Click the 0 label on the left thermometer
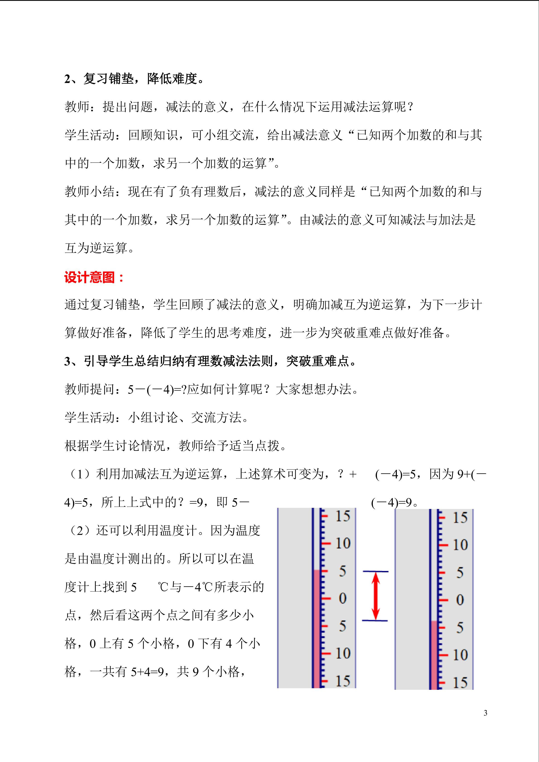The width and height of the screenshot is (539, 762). point(343,598)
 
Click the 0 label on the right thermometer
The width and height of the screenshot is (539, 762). point(460,600)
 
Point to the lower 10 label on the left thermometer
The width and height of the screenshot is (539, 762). point(343,653)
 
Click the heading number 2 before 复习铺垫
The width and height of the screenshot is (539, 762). point(67,79)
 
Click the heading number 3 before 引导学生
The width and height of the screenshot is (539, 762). point(67,361)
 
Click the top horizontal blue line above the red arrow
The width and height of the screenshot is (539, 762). point(375,571)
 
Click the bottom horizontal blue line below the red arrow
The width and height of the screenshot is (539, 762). point(375,621)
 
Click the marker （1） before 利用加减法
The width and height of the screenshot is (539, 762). point(80,474)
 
